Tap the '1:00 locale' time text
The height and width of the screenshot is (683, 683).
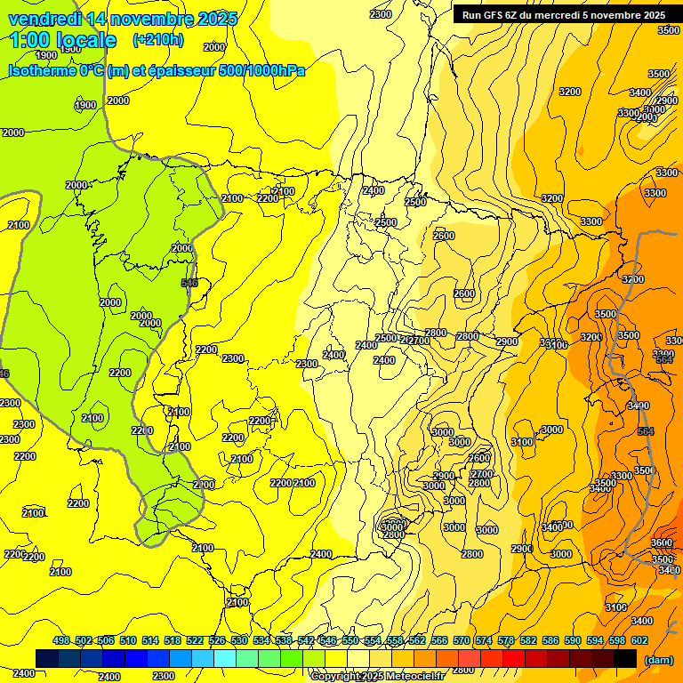[63, 40]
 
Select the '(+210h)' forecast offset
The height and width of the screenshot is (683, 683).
[158, 39]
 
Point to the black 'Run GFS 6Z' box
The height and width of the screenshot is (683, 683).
[563, 14]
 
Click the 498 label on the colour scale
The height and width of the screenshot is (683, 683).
[61, 640]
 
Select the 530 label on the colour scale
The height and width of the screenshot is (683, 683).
[239, 640]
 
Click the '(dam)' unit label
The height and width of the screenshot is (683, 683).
[658, 660]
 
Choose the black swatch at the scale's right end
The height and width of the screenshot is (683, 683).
[625, 658]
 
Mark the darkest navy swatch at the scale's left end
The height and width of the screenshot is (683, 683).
[47, 658]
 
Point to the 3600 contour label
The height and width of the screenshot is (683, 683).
[662, 542]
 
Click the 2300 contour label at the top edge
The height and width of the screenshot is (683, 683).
[381, 13]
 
